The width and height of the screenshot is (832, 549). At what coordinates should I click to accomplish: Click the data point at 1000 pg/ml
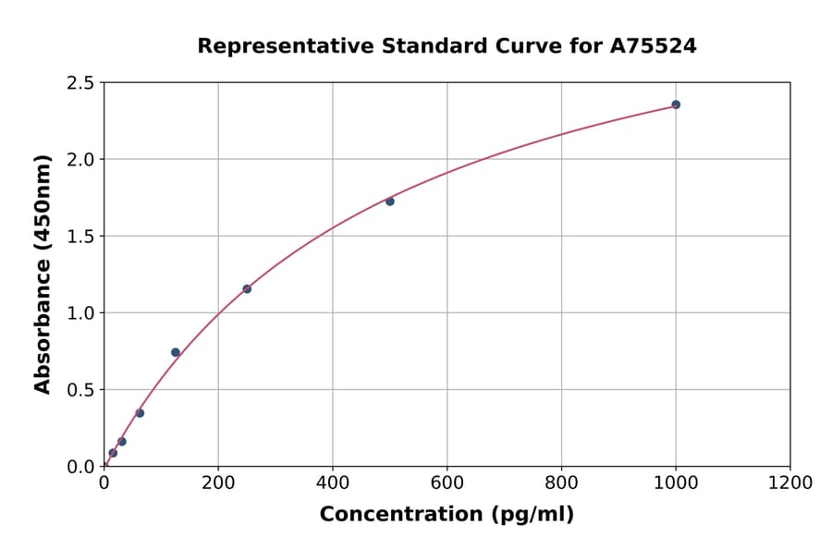[x=676, y=104]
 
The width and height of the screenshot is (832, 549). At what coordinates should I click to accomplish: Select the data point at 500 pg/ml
[x=390, y=201]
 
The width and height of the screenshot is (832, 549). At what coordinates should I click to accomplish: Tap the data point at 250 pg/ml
[x=247, y=289]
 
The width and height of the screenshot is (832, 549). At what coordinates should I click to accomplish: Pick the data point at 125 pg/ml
[x=176, y=352]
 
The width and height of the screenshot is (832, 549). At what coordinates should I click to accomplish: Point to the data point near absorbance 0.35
[x=140, y=413]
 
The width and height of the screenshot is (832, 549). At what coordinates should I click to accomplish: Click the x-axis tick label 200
[x=218, y=482]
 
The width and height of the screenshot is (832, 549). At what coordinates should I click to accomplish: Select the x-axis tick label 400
[x=333, y=482]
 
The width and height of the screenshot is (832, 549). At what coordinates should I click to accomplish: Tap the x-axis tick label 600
[x=447, y=482]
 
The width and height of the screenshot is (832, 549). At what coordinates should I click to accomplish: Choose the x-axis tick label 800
[x=561, y=482]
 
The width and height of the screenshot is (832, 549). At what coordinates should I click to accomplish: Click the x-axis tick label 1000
[x=676, y=482]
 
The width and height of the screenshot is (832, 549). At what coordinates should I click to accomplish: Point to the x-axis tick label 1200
[x=790, y=482]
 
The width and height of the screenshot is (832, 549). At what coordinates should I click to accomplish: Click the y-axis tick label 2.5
[x=80, y=83]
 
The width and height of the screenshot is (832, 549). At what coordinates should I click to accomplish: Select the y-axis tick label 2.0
[x=80, y=160]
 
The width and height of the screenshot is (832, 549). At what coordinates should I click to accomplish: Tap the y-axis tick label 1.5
[x=80, y=237]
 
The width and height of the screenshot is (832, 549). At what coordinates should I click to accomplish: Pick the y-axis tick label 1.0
[x=80, y=313]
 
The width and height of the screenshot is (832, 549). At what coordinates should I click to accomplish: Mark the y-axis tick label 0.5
[x=80, y=390]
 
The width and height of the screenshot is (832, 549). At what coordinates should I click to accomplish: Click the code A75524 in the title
[x=655, y=46]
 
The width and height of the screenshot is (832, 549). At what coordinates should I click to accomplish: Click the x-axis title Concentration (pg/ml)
[x=447, y=515]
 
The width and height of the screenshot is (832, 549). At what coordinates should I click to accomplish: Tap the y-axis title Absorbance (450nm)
[x=43, y=274]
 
